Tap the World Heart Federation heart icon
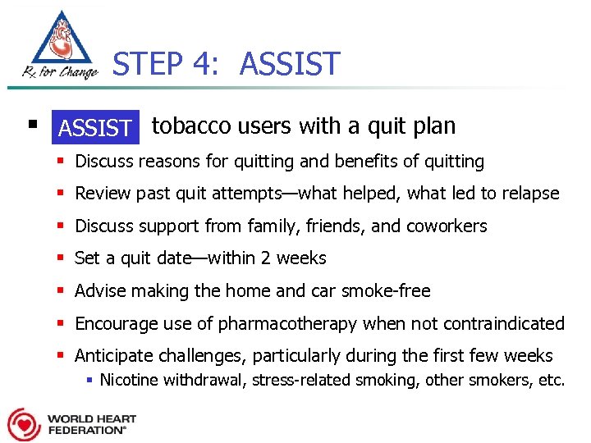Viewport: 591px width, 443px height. tap(24, 423)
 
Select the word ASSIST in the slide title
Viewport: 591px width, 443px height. tap(289, 64)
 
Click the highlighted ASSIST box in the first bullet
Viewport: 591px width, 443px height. tap(95, 128)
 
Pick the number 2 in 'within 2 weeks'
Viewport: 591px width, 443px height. tap(265, 258)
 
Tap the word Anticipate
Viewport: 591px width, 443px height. tap(112, 355)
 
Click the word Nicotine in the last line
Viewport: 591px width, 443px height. tap(130, 380)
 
